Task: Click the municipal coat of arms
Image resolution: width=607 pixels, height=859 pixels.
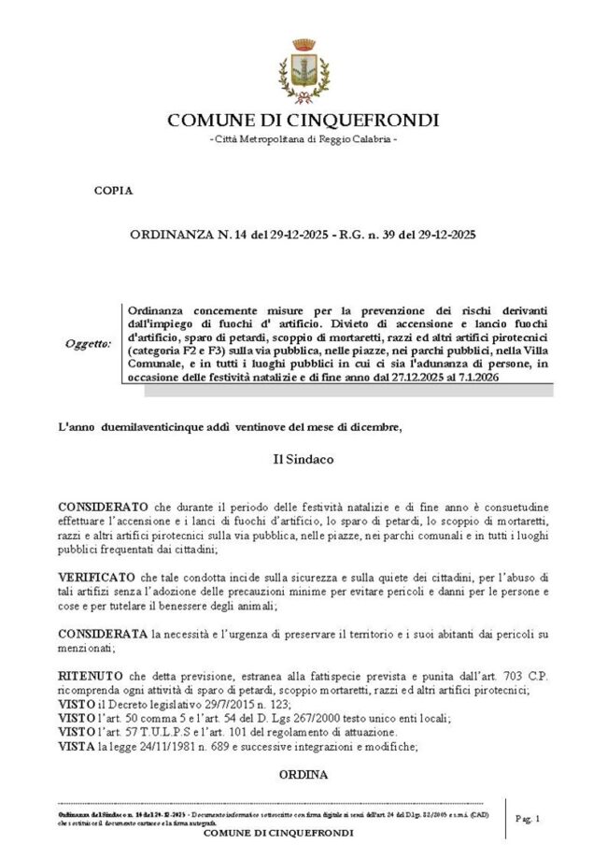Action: tap(303, 69)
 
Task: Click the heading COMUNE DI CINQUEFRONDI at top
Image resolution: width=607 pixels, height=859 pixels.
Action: tap(303, 121)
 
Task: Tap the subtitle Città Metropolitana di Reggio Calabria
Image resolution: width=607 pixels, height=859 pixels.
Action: tap(303, 139)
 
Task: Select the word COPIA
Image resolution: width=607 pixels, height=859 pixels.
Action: tap(113, 191)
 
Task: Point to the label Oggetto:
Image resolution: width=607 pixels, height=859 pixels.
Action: tap(88, 343)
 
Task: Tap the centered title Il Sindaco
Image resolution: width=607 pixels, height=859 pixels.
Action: tap(303, 460)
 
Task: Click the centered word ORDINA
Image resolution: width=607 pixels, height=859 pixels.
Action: tap(303, 775)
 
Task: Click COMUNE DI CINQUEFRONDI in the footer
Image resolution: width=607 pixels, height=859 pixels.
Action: tap(278, 833)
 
